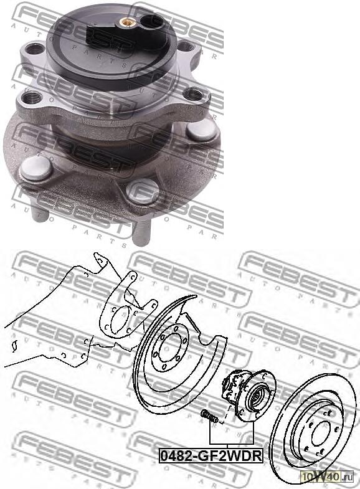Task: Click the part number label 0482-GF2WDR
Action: tap(211, 455)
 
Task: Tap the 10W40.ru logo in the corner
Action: tap(326, 476)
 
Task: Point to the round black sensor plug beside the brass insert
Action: tap(151, 24)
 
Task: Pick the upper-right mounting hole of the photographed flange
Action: tap(186, 46)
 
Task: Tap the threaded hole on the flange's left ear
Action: tap(32, 97)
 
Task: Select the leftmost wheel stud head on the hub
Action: tap(34, 168)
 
